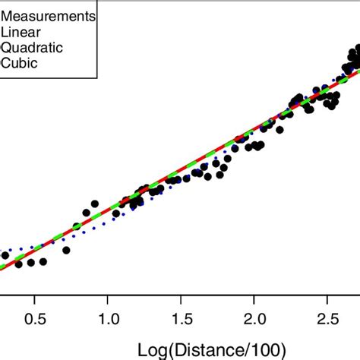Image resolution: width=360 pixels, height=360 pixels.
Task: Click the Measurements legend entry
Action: [49, 16]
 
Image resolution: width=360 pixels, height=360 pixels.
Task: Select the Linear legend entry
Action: [18, 31]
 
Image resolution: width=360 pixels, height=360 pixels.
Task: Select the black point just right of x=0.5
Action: [43, 262]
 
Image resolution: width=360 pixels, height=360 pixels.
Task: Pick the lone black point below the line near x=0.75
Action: [67, 250]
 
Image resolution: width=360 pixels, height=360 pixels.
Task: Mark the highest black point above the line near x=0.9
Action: [94, 204]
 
